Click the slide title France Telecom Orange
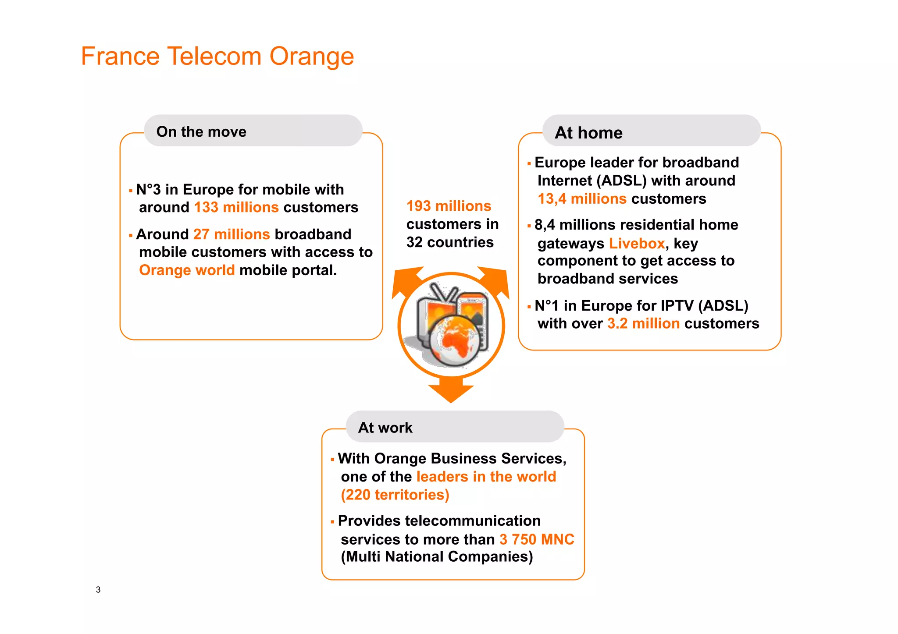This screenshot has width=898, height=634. coord(217,57)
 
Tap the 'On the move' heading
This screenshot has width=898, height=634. coord(201,132)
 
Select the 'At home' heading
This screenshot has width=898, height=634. coord(588,133)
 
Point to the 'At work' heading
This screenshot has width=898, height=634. coord(385,428)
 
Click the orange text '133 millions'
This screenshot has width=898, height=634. coord(236,207)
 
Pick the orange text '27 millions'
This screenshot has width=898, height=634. coord(231,234)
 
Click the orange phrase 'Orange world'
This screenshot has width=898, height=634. coord(187,270)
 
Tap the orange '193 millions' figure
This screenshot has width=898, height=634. coord(449,206)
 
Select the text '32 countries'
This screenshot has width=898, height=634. coord(450,242)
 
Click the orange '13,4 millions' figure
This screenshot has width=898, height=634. coord(582,199)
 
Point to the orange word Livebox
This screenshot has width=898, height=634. coord(637,243)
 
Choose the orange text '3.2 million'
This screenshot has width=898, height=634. coord(643,323)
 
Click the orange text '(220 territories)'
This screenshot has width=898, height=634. coord(395,495)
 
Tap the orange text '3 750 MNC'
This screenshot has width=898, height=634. coord(537,539)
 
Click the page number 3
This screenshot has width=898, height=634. coord(98,590)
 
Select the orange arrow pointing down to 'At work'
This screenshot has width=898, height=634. coord(451,392)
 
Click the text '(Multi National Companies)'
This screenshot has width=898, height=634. coord(437,557)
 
